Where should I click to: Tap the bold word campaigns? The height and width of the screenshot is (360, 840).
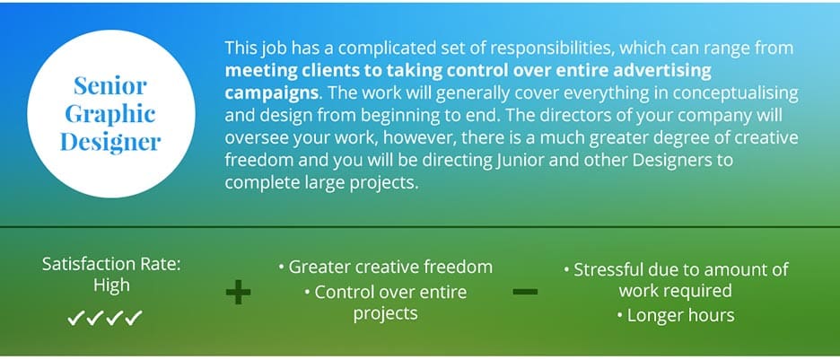point(267,92)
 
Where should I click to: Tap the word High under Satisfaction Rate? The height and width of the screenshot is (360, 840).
point(111,285)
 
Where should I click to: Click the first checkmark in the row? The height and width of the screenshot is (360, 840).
point(77,317)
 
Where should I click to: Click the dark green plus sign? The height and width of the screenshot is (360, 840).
point(238,292)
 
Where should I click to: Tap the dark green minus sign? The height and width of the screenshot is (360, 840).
point(525,292)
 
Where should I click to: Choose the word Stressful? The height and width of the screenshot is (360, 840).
point(611,269)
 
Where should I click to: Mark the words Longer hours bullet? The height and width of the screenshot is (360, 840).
point(669,315)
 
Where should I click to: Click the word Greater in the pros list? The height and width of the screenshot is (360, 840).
point(320,267)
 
